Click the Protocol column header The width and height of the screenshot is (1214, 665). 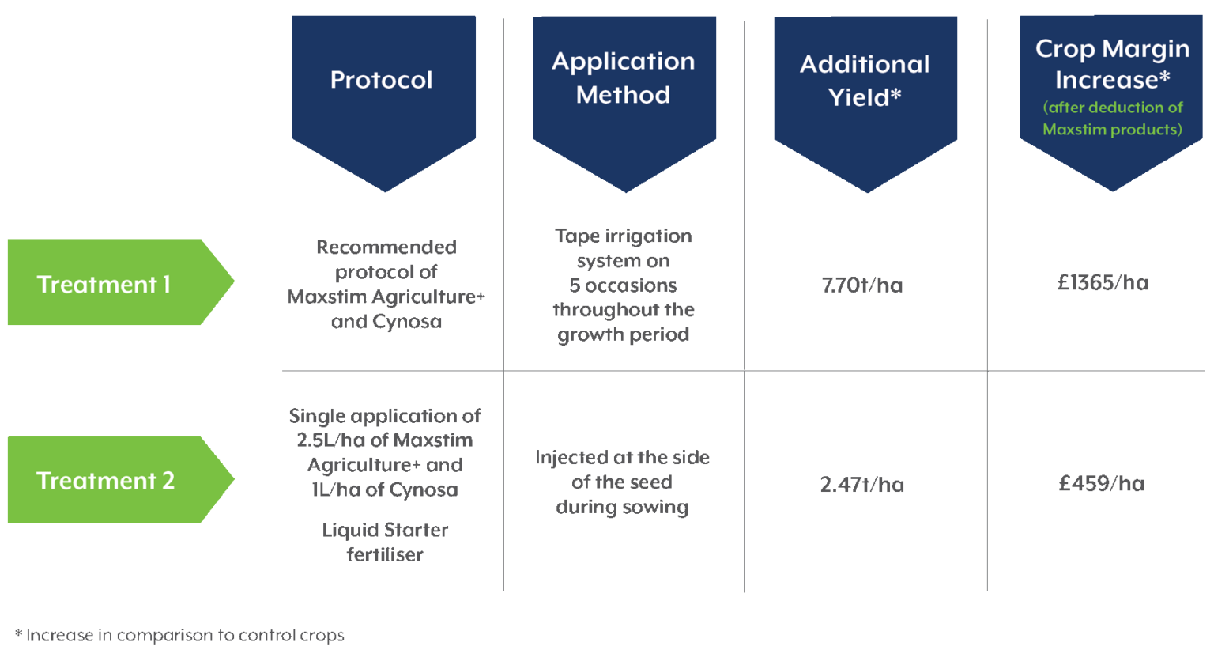pyautogui.click(x=382, y=80)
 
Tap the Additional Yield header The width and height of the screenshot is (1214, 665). pyautogui.click(x=865, y=81)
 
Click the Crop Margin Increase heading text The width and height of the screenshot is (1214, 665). pyautogui.click(x=1112, y=63)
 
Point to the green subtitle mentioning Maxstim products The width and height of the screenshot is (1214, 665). pyautogui.click(x=1112, y=119)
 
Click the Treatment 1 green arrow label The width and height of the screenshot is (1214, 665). pyautogui.click(x=104, y=284)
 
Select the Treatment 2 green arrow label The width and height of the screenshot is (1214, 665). pyautogui.click(x=106, y=481)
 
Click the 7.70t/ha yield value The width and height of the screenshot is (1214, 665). pyautogui.click(x=861, y=285)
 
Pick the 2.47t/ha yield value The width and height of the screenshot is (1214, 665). pyautogui.click(x=861, y=485)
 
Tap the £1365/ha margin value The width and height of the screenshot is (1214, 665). pyautogui.click(x=1103, y=283)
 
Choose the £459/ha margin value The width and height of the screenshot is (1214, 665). pyautogui.click(x=1102, y=483)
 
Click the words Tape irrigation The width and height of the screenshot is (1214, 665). pyautogui.click(x=623, y=236)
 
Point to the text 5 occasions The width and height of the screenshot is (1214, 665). pyautogui.click(x=623, y=285)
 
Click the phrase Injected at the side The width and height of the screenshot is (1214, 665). pyautogui.click(x=622, y=458)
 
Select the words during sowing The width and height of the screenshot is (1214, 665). pyautogui.click(x=622, y=508)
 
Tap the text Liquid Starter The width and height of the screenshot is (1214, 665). pyautogui.click(x=385, y=531)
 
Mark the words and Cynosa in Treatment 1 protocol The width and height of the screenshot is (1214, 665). pyautogui.click(x=386, y=322)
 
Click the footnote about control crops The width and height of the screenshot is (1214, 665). pyautogui.click(x=180, y=635)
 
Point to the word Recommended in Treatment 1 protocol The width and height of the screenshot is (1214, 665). pyautogui.click(x=386, y=247)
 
